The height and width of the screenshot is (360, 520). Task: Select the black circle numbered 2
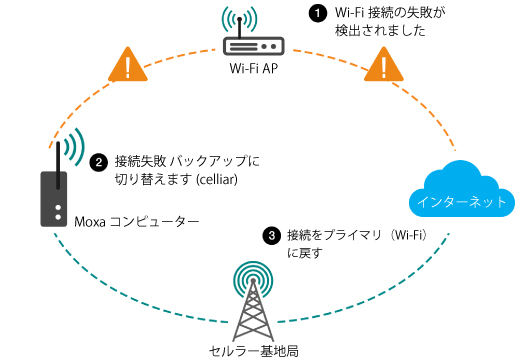(99, 161)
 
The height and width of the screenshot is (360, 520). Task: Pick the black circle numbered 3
(271, 236)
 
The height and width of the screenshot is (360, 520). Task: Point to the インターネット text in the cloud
(462, 201)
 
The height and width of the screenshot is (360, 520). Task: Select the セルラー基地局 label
(254, 350)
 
